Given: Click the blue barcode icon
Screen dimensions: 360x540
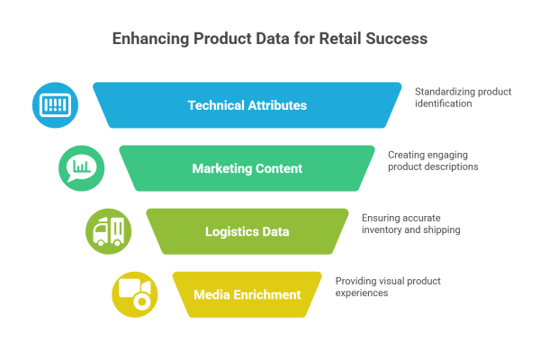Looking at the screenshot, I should [55, 104].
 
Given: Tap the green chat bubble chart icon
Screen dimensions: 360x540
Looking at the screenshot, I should [82, 166].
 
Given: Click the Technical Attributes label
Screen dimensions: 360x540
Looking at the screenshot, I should [247, 105].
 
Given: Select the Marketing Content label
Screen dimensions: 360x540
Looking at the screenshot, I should [247, 168].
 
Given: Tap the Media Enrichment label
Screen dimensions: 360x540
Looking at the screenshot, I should [247, 294].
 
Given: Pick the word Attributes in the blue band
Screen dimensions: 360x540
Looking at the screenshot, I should [277, 105].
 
